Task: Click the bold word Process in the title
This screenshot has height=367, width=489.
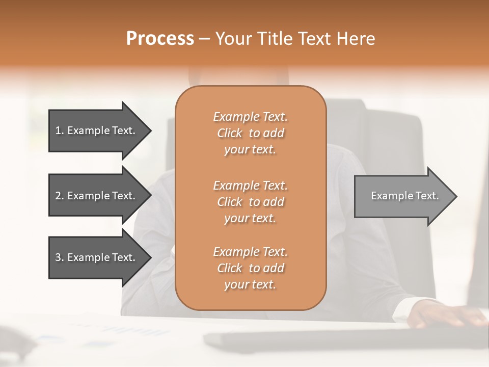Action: tap(159, 39)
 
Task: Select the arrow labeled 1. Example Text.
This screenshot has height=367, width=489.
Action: tap(97, 130)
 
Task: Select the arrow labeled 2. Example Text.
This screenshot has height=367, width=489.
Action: tap(97, 196)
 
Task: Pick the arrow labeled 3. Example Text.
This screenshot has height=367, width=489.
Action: tap(97, 257)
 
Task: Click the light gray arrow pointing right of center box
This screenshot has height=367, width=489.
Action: tap(402, 196)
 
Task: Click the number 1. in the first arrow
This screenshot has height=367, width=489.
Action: tap(60, 130)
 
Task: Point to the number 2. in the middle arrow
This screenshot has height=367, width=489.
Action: tap(60, 196)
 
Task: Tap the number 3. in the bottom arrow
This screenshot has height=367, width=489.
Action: tap(60, 257)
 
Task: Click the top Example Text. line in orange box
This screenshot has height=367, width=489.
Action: tap(250, 117)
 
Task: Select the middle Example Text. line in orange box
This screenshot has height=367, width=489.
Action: tap(250, 185)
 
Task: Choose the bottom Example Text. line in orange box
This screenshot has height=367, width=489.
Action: tap(250, 252)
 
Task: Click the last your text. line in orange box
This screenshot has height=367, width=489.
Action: tap(250, 285)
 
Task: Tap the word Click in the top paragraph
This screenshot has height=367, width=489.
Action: tap(229, 133)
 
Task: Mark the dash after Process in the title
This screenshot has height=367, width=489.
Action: tap(204, 39)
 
